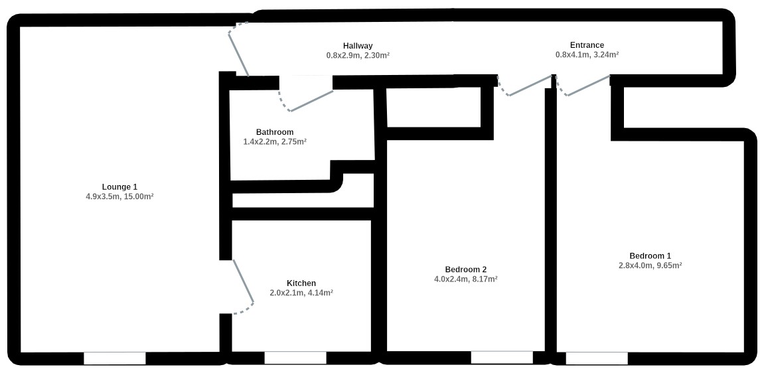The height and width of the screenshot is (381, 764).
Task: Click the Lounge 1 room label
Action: [x=120, y=187]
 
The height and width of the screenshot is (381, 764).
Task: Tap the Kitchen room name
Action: [x=301, y=283]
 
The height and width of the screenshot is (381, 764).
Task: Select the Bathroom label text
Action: [x=275, y=132]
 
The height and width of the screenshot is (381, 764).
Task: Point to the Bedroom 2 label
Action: [x=466, y=269]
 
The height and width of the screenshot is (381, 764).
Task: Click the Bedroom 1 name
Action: [x=650, y=256]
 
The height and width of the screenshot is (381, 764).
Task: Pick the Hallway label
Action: [x=358, y=46]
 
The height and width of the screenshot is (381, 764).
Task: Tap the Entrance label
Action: [x=587, y=45]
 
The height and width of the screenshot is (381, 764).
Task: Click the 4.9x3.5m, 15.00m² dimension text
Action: [x=120, y=197]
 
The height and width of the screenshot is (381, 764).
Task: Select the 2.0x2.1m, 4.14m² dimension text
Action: [x=301, y=293]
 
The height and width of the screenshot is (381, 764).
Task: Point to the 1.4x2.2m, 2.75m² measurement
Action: [x=275, y=142]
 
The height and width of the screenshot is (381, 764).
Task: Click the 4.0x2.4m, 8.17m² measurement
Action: [x=466, y=279]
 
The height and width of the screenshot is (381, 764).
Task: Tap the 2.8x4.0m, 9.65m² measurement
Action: [x=650, y=266]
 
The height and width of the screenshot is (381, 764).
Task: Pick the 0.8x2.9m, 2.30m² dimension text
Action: [x=358, y=56]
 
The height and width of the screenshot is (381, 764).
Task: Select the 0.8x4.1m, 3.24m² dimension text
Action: [x=587, y=55]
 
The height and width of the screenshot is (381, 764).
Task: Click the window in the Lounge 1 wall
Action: [x=115, y=358]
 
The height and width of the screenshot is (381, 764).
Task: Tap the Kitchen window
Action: [x=295, y=358]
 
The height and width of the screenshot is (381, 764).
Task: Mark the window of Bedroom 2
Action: [x=502, y=358]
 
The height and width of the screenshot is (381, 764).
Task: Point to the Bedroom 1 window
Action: [x=596, y=358]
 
